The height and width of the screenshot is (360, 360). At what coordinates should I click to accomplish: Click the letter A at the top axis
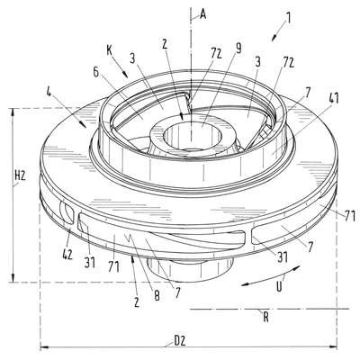[203, 13]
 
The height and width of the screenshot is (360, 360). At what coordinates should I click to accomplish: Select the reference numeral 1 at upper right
[288, 18]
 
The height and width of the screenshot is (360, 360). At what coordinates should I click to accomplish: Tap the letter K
[109, 51]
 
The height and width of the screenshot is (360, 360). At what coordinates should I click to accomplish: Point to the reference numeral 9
[238, 49]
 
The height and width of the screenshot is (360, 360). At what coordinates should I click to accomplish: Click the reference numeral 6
[95, 72]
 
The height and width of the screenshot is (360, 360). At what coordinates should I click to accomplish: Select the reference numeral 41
[333, 98]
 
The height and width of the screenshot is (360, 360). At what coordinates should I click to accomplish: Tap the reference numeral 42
[67, 255]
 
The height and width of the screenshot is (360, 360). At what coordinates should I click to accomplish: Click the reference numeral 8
[157, 296]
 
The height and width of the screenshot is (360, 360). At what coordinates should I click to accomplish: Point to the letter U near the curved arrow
[279, 286]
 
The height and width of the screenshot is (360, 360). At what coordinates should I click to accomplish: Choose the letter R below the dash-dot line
[265, 318]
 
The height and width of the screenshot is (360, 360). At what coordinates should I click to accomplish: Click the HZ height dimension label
[20, 176]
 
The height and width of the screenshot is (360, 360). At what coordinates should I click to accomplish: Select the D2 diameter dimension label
[180, 341]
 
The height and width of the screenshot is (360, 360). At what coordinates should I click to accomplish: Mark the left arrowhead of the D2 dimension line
[44, 347]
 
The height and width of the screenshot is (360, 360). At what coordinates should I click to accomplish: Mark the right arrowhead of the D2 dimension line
[333, 347]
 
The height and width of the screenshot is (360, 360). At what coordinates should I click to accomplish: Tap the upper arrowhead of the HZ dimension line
[13, 112]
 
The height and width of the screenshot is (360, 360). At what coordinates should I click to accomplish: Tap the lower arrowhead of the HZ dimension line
[13, 278]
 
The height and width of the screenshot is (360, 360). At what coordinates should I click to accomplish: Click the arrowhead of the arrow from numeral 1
[274, 38]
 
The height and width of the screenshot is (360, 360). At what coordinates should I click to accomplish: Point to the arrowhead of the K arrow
[126, 75]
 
